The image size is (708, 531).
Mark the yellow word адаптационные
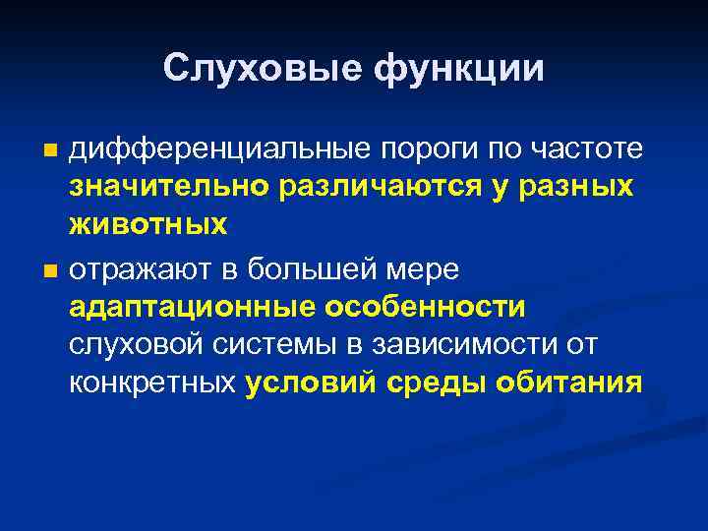click(x=190, y=306)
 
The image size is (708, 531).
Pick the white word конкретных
click(x=153, y=383)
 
